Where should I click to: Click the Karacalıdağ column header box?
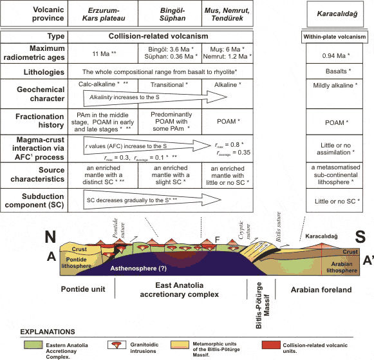335,14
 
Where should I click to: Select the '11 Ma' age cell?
104,53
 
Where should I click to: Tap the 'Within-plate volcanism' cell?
334,37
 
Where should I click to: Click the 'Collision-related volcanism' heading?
158,36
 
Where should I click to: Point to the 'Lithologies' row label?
44,72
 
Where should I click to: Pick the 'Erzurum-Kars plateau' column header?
104,14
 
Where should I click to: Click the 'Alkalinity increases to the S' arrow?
155,97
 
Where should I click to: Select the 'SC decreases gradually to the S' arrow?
152,200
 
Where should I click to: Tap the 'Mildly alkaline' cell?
335,85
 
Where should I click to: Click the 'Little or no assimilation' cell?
335,149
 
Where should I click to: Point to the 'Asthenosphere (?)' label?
138,269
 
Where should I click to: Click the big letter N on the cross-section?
50,237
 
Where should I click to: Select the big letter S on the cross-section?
360,236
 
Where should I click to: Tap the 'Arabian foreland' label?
321,290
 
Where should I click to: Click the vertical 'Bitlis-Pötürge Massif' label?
263,305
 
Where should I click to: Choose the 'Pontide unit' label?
83,289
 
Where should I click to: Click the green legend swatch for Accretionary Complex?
33,345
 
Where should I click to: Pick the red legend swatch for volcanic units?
271,345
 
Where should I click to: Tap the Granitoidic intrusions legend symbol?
117,345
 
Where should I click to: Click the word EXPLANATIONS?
48,332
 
